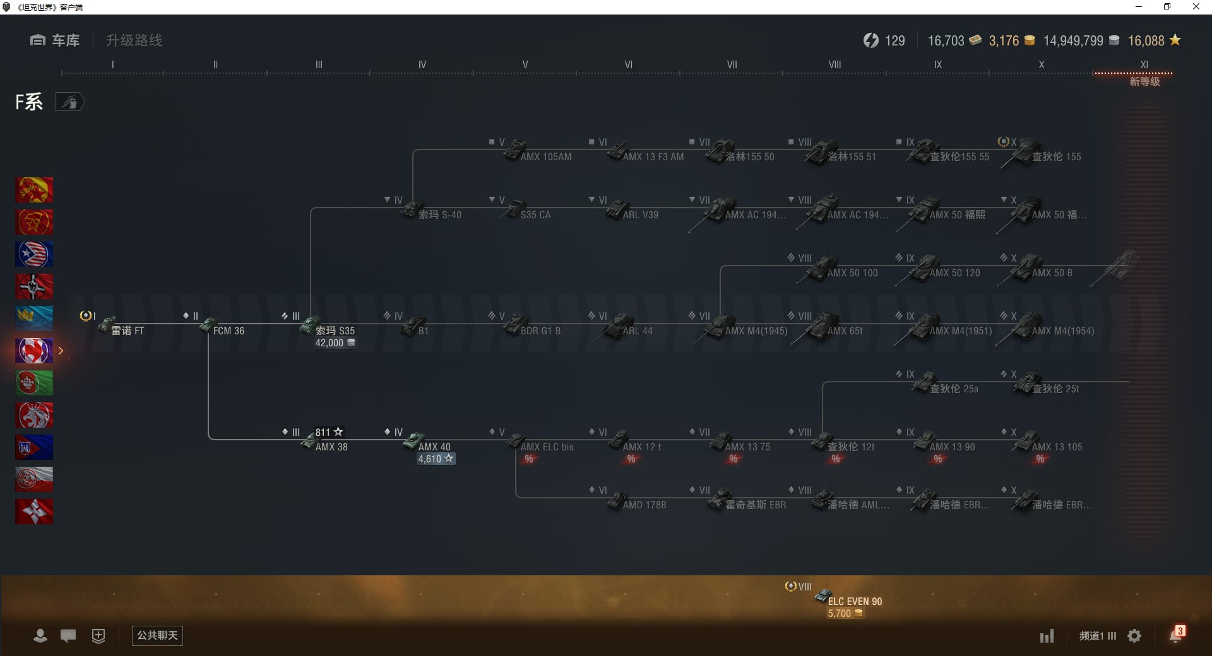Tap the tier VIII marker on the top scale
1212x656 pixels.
(x=835, y=65)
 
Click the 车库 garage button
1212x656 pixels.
(x=56, y=40)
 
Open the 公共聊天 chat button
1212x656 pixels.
(x=157, y=635)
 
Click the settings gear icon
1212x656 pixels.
(x=1134, y=636)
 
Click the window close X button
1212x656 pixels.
(x=1196, y=7)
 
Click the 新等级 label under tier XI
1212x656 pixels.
(x=1144, y=81)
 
